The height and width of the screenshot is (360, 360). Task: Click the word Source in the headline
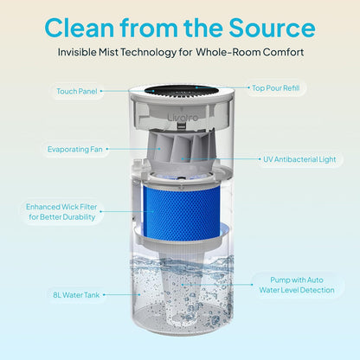point(272,28)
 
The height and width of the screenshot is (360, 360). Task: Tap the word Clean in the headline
point(80,28)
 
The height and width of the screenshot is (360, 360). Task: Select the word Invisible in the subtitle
point(77,52)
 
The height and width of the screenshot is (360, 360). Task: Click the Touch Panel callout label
point(77,92)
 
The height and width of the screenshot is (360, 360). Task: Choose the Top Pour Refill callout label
point(276,88)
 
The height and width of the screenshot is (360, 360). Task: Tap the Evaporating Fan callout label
point(75,149)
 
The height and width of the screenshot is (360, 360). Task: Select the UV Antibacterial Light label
point(299,159)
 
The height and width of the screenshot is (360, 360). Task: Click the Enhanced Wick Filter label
point(61,212)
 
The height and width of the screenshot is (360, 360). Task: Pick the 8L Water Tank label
point(76,295)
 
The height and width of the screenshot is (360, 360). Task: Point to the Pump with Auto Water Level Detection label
point(297,285)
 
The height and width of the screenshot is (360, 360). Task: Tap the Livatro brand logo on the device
point(183,118)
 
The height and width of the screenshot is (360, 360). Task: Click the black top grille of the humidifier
point(181,90)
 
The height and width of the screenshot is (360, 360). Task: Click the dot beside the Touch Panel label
point(101,91)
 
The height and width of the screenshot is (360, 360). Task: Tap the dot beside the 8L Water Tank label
point(104,295)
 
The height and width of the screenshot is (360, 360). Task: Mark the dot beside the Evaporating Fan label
point(107,149)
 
